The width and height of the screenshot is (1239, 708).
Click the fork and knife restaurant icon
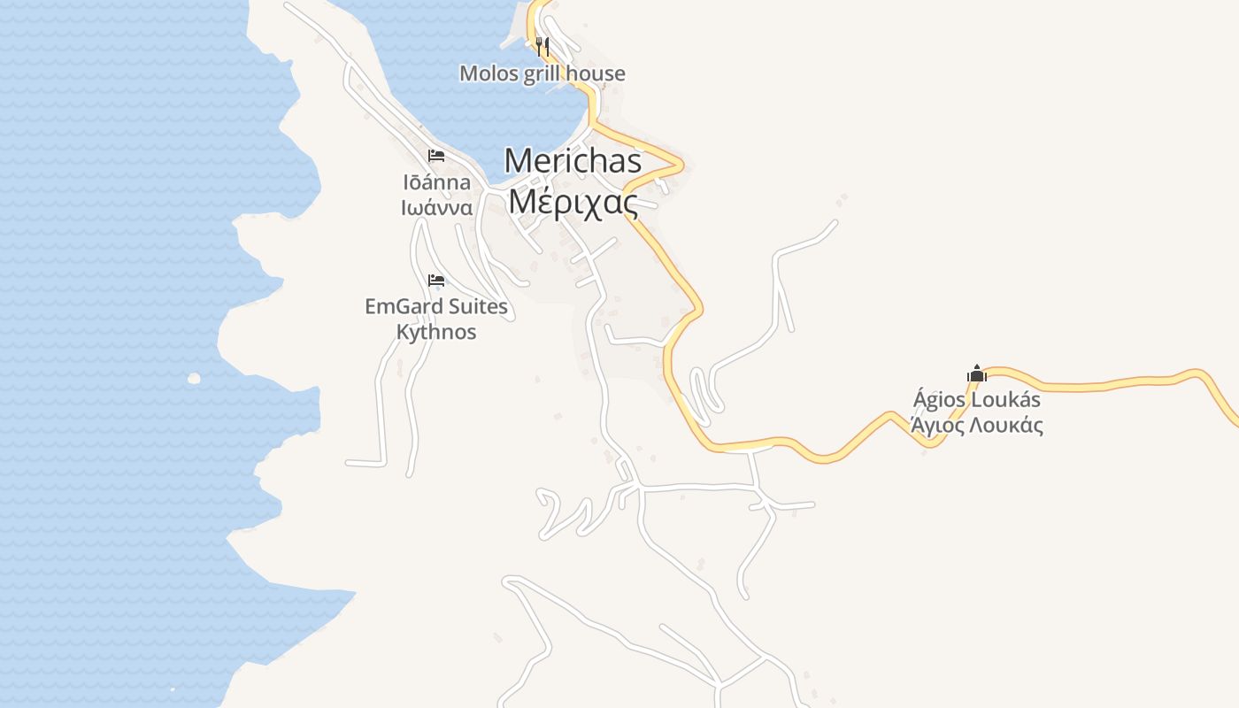[x=543, y=46]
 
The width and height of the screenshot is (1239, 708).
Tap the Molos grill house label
[x=542, y=73]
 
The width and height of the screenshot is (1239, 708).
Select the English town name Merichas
[x=573, y=160]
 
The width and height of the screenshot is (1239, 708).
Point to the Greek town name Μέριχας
[x=573, y=202]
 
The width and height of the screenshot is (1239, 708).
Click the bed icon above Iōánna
[x=435, y=156]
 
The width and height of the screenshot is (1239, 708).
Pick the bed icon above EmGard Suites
[x=435, y=281]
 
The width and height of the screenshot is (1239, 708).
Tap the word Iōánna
[x=437, y=183]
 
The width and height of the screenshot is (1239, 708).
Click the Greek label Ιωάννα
[x=437, y=208]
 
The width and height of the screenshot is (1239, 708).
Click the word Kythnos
[x=436, y=332]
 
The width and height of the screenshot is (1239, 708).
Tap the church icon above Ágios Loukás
[x=976, y=373]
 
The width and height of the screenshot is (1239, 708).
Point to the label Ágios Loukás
[x=977, y=400]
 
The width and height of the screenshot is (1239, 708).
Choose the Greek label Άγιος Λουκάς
[x=977, y=425]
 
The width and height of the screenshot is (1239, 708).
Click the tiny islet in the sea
[x=194, y=379]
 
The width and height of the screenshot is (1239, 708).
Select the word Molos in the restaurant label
[x=489, y=73]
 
